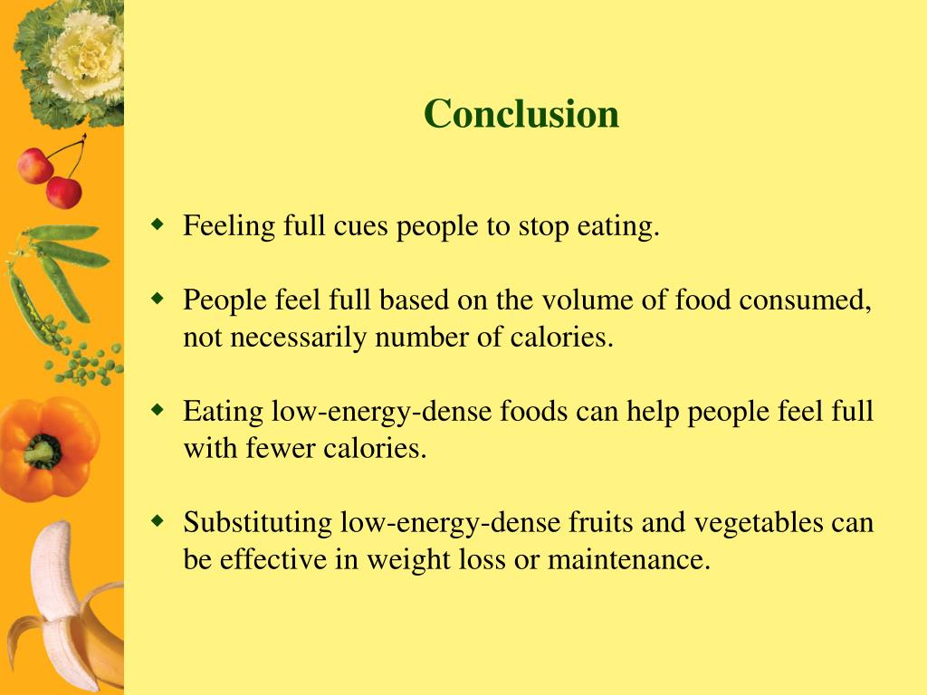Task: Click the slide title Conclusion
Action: pos(521,114)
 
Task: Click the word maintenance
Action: pos(628,560)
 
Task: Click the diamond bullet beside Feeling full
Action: pos(158,223)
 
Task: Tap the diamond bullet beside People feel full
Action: pos(158,296)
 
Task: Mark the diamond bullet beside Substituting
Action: pos(158,519)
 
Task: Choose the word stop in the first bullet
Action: pos(541,226)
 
